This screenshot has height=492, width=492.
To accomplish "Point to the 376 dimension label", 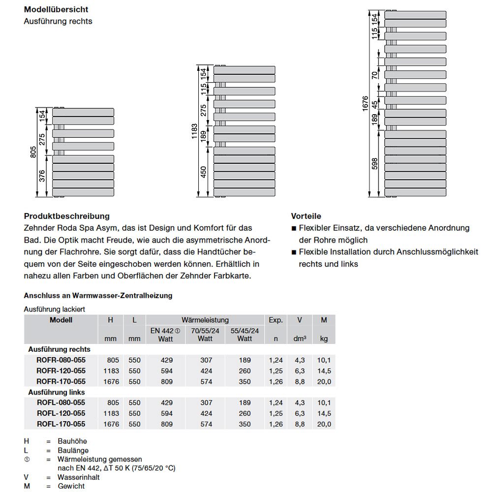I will tap(42, 176).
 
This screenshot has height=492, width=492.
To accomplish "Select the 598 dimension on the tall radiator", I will tap(375, 163).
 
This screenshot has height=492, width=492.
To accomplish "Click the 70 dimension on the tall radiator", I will tap(375, 75).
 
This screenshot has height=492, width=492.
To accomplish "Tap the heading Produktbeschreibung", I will tap(67, 216).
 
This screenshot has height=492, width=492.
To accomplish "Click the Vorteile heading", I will tap(306, 216).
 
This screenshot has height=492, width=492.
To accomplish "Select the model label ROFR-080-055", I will tap(61, 360).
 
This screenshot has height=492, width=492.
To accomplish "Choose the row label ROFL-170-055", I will tap(61, 424).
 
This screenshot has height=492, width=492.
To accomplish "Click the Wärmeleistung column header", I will tap(205, 320).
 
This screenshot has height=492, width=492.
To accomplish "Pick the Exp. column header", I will tap(276, 320).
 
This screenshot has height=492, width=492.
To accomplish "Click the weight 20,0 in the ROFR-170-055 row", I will tap(324, 382).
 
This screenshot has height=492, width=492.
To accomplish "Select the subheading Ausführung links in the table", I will tap(57, 393).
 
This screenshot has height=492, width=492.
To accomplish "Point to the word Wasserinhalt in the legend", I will tap(79, 477).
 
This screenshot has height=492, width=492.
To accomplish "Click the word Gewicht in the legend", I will tap(71, 486).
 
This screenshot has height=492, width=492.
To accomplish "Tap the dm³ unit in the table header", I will tap(300, 339).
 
